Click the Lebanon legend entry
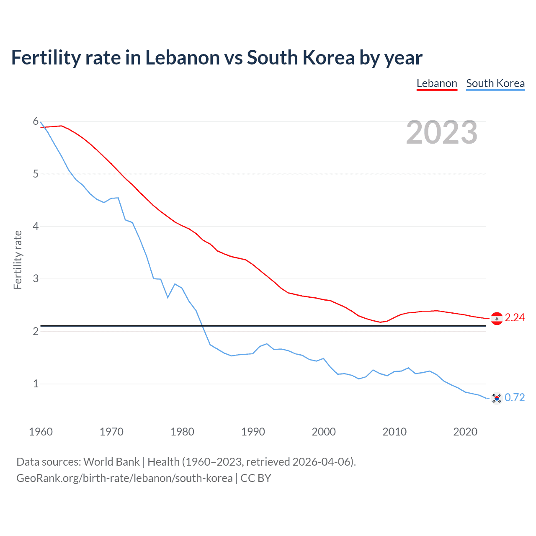pos(437,83)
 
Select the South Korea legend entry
pos(495,83)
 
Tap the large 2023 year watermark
pos(442,132)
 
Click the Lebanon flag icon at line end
pos(497,319)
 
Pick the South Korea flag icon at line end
pos(497,398)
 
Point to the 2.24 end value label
pos(515,318)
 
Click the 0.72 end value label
pos(515,397)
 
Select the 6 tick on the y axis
pos(36,121)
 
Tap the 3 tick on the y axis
pos(36,278)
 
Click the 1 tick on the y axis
pos(36,384)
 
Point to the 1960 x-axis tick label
pos(41,432)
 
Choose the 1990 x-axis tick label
pos(253,432)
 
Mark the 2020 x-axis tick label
pos(465,432)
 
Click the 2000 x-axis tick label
pos(324,432)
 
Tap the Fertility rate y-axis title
pos(18,260)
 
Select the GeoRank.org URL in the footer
pos(124,478)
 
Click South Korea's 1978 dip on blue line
pos(168,297)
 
